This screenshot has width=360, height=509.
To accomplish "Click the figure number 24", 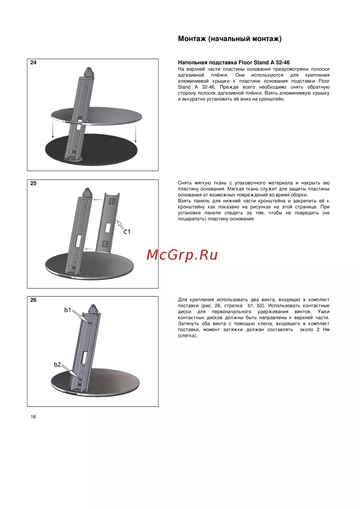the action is (33, 63).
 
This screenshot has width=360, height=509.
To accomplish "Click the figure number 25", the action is (33, 183).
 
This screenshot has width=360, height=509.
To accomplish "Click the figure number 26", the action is (33, 300).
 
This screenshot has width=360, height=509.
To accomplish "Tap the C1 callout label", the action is (127, 232).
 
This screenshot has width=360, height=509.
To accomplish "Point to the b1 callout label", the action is (68, 310).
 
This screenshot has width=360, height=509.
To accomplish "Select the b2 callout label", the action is (57, 364).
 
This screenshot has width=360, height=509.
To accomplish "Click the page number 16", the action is (33, 417).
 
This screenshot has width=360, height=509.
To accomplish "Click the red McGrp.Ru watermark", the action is (182, 255).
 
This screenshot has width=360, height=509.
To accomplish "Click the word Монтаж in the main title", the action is (192, 39).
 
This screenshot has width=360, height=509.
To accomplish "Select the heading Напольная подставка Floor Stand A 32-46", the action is (234, 63).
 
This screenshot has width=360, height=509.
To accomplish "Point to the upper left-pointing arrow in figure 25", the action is (98, 200).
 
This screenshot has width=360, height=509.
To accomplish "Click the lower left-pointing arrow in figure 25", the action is (89, 249).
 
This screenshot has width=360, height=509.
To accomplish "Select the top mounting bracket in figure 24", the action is (89, 72).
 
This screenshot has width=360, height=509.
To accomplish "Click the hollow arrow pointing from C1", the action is (120, 224).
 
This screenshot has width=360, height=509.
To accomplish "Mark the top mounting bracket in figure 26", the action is (93, 309).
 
